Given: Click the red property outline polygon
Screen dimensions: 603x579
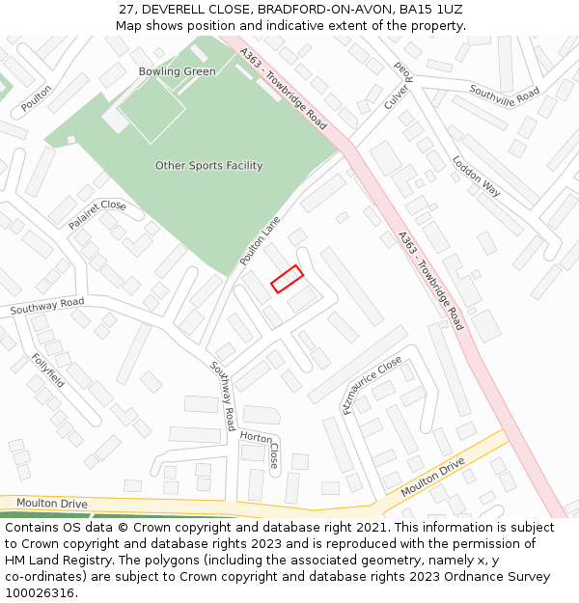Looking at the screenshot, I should click(x=287, y=279).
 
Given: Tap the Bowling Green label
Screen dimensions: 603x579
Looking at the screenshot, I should click(x=177, y=71).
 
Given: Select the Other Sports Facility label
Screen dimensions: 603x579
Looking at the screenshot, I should click(x=208, y=166).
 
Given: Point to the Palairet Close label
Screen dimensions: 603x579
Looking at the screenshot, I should click(x=96, y=214).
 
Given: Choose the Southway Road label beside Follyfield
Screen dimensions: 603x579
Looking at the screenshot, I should click(x=47, y=307).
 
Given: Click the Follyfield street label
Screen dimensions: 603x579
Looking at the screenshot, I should click(x=47, y=370).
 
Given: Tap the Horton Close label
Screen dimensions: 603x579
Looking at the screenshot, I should click(x=261, y=448).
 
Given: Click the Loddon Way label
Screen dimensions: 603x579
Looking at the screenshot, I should click(x=477, y=177).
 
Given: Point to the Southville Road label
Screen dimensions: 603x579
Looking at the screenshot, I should click(x=505, y=95).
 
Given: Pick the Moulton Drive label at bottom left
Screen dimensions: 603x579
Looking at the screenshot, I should click(x=51, y=504).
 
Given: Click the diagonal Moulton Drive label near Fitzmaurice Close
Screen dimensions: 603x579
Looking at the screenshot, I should click(x=432, y=478).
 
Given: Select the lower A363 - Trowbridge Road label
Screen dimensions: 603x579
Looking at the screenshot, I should click(x=430, y=280).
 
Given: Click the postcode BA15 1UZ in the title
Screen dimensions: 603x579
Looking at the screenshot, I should click(x=430, y=10).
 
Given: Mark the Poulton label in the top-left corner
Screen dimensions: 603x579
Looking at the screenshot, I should click(x=37, y=97).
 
